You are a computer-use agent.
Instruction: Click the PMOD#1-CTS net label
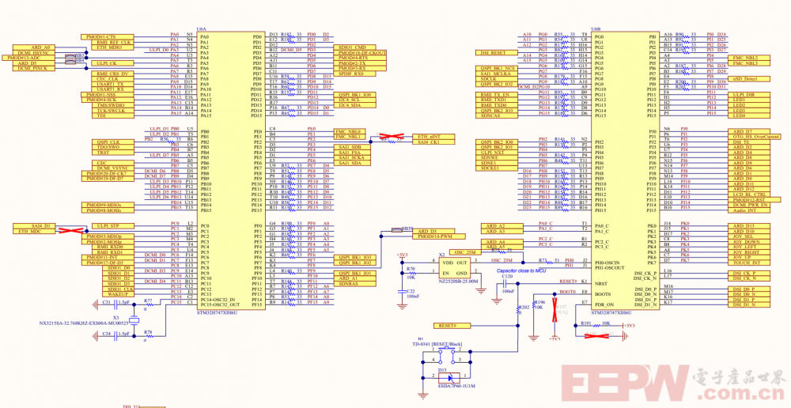(100, 36)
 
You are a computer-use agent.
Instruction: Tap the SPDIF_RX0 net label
(350, 74)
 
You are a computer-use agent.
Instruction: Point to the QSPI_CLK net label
(108, 142)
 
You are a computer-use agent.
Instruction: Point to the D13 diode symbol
(442, 377)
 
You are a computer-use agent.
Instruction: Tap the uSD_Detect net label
(744, 79)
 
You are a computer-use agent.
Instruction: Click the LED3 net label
(738, 108)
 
